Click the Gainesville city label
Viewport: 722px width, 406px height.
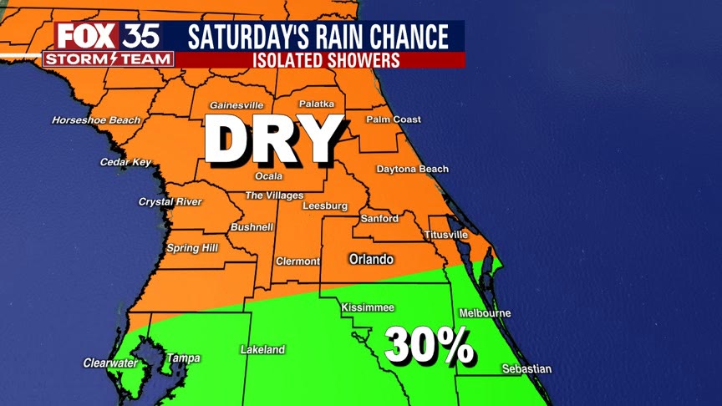click(x=236, y=105)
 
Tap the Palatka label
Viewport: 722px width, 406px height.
click(x=317, y=104)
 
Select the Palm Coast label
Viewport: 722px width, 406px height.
click(x=394, y=119)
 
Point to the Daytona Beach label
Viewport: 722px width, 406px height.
click(x=412, y=169)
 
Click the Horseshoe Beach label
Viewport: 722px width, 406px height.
click(x=96, y=120)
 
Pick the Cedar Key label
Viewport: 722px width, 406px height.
click(x=125, y=162)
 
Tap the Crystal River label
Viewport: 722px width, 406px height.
click(x=170, y=202)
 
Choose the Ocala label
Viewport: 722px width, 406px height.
click(x=269, y=176)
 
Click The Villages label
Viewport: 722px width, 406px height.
click(x=274, y=195)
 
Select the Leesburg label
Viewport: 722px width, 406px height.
click(x=324, y=206)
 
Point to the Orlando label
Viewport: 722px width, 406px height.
click(x=371, y=260)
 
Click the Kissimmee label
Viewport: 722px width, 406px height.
click(x=368, y=308)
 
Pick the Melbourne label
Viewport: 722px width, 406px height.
click(x=485, y=313)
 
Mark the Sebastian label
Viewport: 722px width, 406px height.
click(x=526, y=369)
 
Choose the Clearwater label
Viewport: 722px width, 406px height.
click(x=110, y=363)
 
